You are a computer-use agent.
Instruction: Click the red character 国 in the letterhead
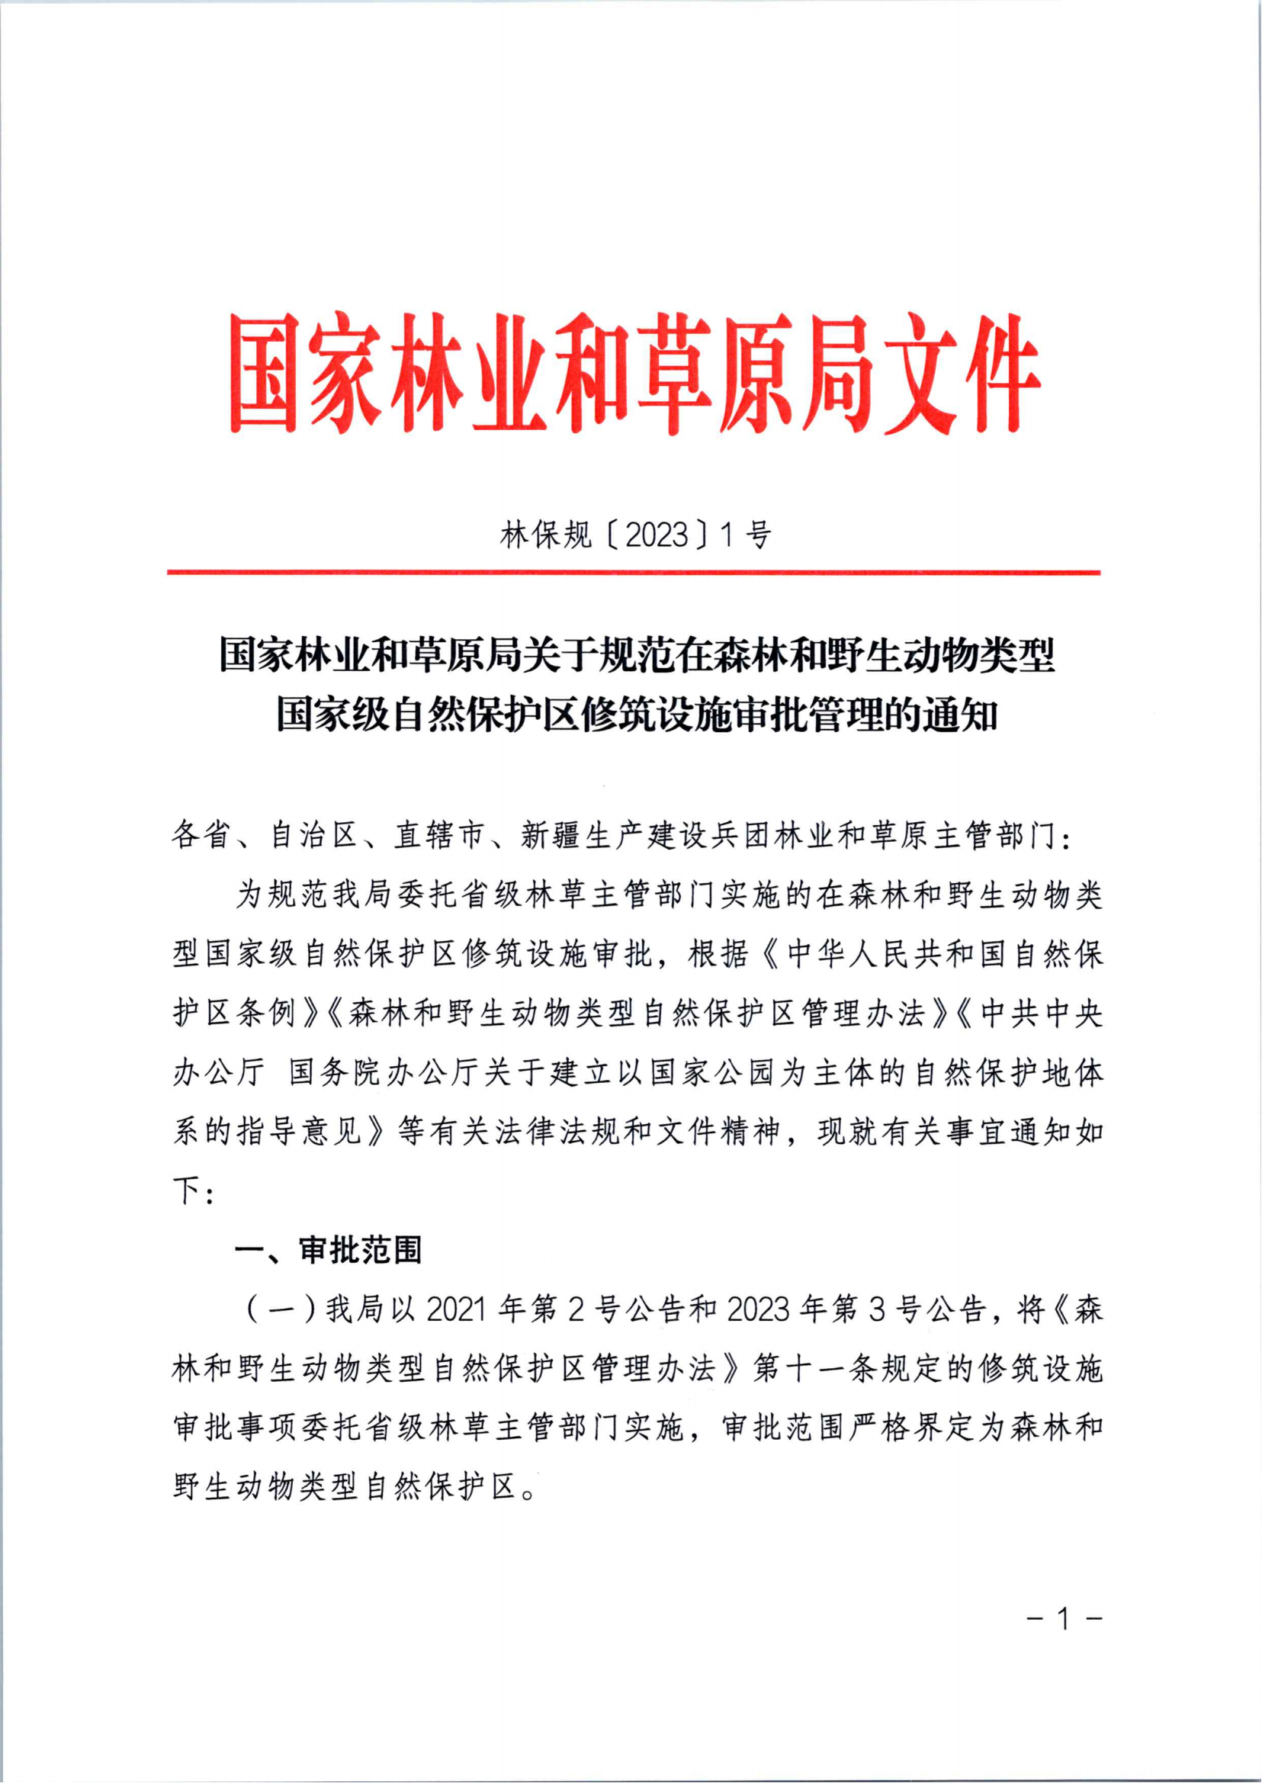(263, 374)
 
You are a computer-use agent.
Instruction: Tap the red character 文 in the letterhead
(920, 374)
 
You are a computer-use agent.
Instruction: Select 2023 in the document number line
(657, 535)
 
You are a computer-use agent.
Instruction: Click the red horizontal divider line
(634, 573)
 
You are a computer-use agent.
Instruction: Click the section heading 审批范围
(361, 1251)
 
